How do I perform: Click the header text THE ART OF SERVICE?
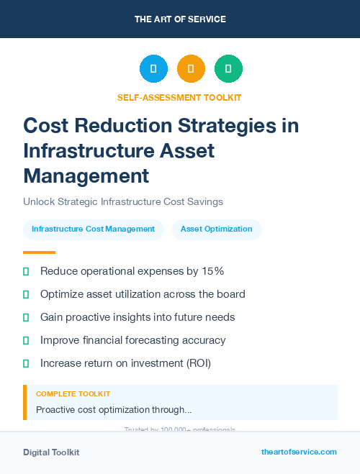coord(180,19)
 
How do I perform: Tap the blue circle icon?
coord(153,69)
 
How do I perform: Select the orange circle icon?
coord(191,69)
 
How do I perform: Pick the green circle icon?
coord(228,69)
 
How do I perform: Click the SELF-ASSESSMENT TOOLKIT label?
coord(179,97)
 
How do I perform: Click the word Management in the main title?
coord(86,176)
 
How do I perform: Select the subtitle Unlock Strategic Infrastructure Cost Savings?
coord(123,201)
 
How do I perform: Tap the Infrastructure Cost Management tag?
coord(94,229)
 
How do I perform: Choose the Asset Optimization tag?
coord(217,229)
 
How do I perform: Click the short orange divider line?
coord(39,252)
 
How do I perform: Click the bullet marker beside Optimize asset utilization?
coord(26,294)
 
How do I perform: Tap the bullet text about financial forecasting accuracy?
coord(133,340)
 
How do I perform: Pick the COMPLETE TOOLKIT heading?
coord(73,394)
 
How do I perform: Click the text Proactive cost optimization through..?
coord(114,410)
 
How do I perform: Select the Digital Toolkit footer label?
coord(51,452)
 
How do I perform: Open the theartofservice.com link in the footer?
coord(299,452)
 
